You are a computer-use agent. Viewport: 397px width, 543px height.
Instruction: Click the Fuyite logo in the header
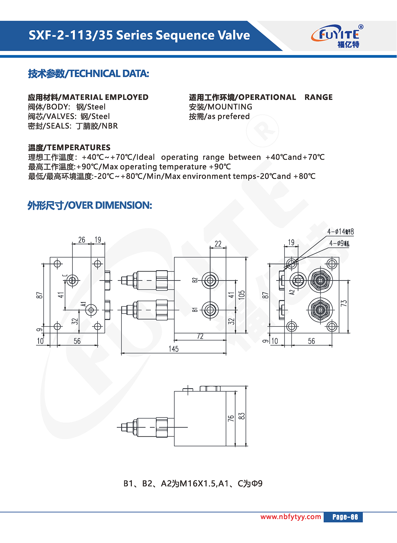pos(337,36)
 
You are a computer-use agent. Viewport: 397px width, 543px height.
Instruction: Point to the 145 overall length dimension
pos(173,349)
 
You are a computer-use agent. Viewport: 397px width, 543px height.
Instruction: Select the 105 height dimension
pos(242,295)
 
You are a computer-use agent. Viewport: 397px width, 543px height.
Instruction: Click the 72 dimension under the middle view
pos(200,336)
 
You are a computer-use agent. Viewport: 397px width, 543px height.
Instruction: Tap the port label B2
pos(195,280)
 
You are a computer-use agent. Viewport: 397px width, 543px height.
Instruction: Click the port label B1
pos(195,310)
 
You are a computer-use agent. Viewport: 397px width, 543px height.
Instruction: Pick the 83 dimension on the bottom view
pos(242,416)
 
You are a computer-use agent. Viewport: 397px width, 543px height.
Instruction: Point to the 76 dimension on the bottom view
pos(231,418)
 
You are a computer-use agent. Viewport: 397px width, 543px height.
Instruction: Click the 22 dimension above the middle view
pos(218,244)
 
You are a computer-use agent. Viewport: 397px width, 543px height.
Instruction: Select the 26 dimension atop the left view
pos(82,240)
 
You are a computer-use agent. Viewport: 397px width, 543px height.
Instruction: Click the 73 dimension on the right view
pos(344,303)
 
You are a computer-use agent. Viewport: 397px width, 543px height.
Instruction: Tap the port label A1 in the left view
pos(83,305)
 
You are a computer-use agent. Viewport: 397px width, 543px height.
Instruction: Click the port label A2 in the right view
pos(292,292)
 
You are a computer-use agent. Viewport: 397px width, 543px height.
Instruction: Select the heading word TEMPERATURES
pos(79,147)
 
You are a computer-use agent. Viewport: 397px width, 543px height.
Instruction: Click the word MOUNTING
pos(230,107)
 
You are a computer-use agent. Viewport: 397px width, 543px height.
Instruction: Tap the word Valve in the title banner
pos(234,35)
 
